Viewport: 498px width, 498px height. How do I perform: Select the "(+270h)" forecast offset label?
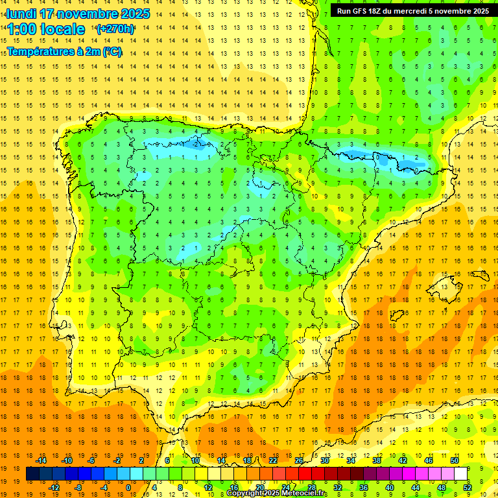[115, 29]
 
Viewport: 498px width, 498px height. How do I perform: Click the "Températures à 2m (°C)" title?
[64, 52]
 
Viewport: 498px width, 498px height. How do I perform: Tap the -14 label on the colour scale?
[41, 460]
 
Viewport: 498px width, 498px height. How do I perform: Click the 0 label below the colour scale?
[128, 488]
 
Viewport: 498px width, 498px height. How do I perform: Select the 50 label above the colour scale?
[455, 460]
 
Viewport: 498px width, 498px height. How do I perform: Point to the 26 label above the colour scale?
[299, 460]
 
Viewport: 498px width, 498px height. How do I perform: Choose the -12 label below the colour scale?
[54, 488]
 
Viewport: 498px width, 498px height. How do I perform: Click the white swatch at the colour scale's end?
[461, 474]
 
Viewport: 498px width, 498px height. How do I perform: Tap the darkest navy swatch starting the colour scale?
[32, 474]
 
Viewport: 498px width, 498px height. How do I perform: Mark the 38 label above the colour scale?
[377, 460]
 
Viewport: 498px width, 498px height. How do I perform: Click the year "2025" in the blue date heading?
[135, 14]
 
